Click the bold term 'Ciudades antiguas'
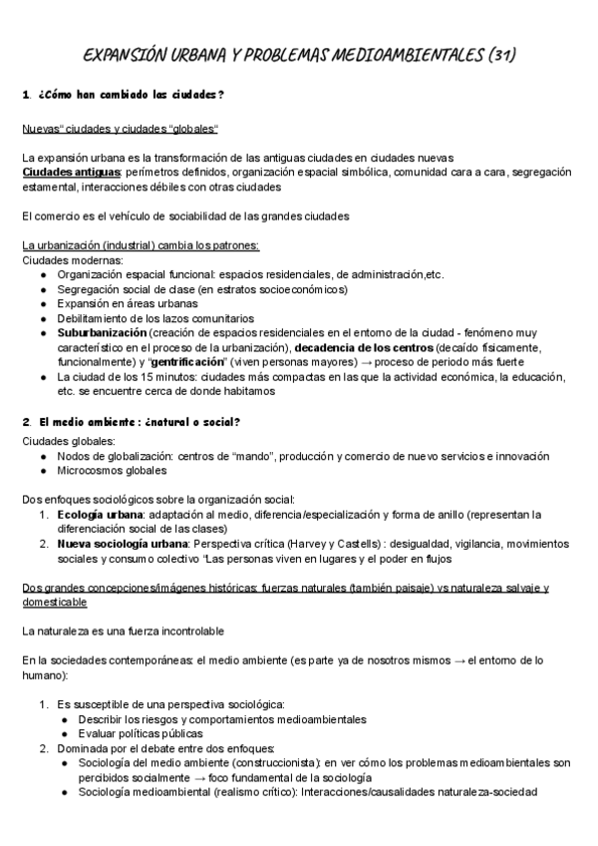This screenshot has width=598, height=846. point(66,173)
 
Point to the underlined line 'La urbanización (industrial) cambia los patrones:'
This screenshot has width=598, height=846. point(141,245)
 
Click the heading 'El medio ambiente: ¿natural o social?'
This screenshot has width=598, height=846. point(139,422)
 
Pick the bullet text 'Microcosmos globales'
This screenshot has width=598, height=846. point(112,470)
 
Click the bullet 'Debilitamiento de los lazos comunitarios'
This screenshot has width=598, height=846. point(154,318)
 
